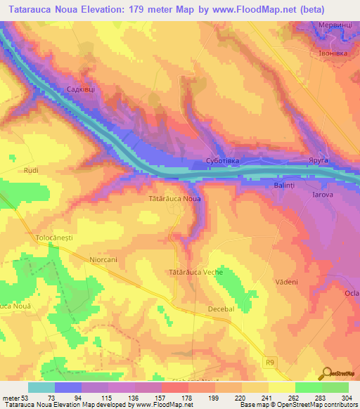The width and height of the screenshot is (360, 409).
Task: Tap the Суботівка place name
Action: (222, 161)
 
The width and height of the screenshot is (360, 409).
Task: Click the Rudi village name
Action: (30, 171)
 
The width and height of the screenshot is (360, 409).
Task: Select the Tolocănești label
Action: (54, 239)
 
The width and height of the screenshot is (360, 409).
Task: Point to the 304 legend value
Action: (348, 398)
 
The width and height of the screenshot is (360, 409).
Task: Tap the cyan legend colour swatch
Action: (41, 387)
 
